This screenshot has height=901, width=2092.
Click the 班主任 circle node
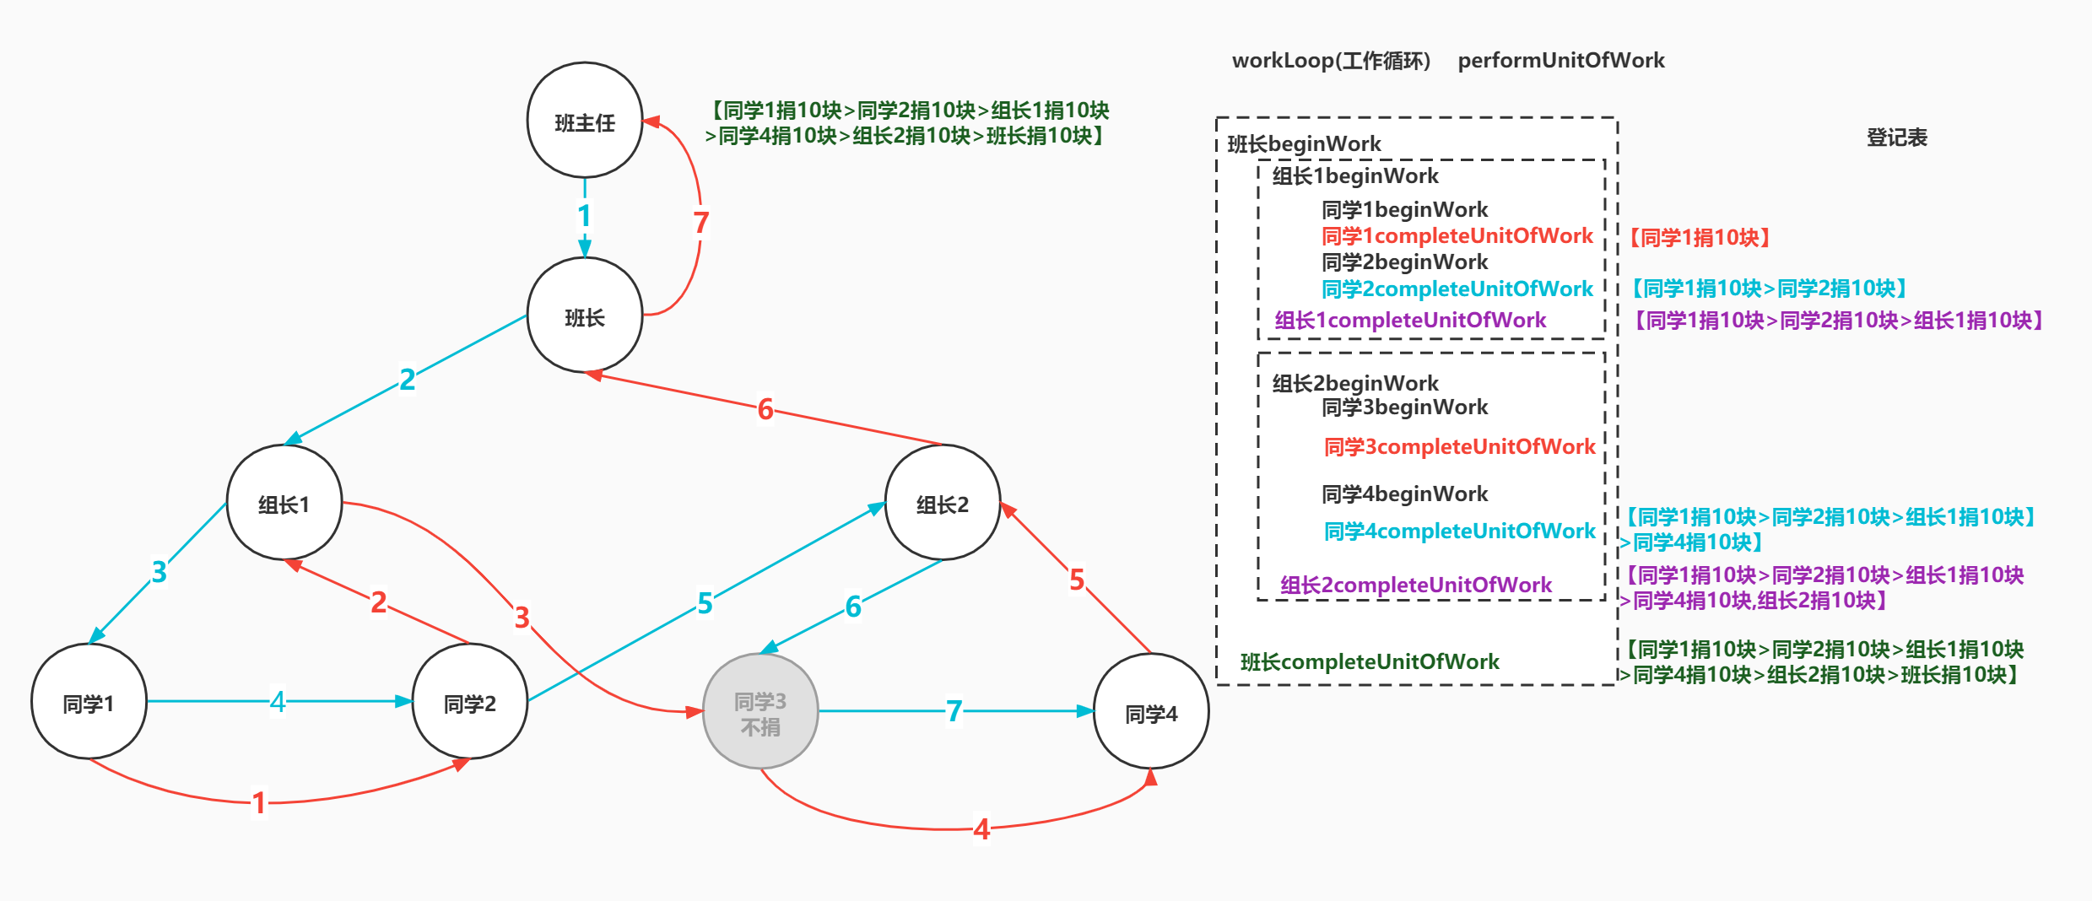[x=585, y=121]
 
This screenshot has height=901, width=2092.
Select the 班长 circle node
[x=585, y=316]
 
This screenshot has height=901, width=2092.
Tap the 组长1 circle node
[x=284, y=503]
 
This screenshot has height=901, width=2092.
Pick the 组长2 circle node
[x=943, y=503]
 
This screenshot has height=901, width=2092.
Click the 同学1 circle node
[x=89, y=702]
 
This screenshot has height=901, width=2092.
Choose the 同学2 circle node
[x=470, y=702]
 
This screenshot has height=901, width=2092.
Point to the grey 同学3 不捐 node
[x=760, y=712]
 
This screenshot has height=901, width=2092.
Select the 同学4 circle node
[x=1151, y=712]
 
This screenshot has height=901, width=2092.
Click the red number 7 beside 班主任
[x=700, y=224]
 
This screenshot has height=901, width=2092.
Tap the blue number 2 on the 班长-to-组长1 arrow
[x=407, y=380]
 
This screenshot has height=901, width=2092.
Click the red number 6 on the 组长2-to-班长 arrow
[x=765, y=410]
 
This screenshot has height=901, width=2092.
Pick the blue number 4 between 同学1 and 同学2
[x=278, y=701]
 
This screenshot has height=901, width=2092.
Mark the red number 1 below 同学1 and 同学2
[x=259, y=803]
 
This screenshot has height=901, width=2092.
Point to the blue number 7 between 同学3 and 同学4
[x=954, y=711]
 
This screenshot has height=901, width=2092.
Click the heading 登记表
[x=1896, y=138]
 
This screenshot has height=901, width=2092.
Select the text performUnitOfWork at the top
[x=1560, y=61]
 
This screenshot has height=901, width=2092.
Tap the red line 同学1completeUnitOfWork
[x=1457, y=236]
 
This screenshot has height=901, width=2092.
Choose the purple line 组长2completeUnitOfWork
[x=1415, y=585]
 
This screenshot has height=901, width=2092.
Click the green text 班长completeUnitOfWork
[x=1369, y=662]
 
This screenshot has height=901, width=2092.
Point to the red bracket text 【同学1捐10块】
[x=1699, y=238]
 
